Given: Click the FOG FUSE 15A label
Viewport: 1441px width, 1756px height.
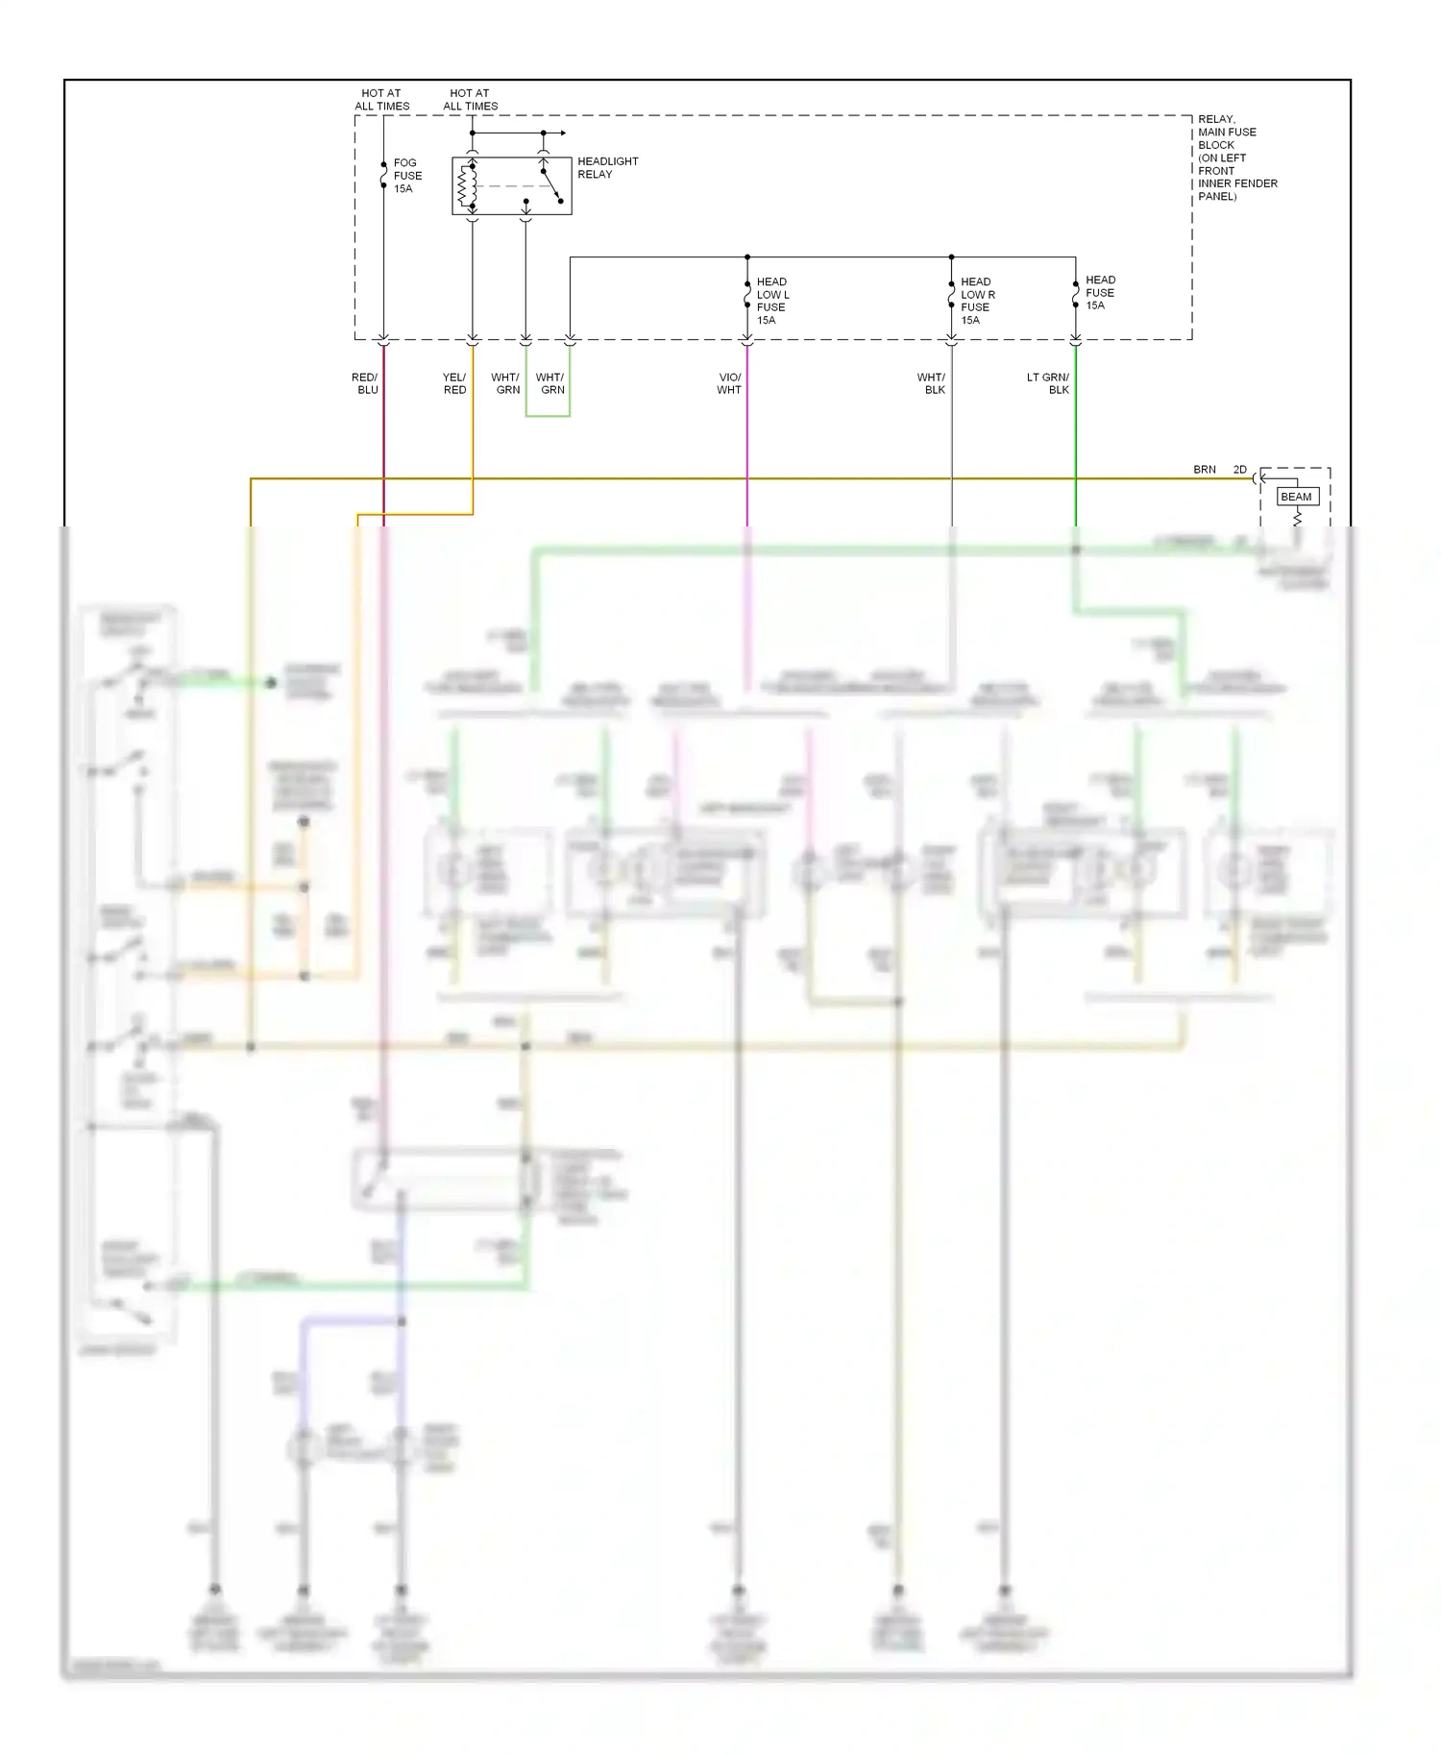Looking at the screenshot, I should (x=407, y=176).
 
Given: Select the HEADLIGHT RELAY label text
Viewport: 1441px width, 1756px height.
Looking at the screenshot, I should (x=607, y=168).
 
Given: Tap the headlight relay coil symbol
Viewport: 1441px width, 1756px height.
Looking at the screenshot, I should (x=468, y=186).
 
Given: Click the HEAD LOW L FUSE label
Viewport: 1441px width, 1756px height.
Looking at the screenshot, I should (x=771, y=301).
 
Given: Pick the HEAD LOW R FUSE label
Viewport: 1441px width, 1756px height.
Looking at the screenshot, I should (x=977, y=301).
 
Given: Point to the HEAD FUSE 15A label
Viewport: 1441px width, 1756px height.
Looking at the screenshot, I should (x=1099, y=293).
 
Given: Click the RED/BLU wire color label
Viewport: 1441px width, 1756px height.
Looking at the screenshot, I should (x=365, y=383).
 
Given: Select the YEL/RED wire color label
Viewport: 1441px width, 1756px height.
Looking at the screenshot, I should (x=454, y=383).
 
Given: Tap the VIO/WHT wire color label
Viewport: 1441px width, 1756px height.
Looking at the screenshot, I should (x=729, y=383).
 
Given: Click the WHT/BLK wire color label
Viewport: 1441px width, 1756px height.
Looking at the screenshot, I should (x=932, y=383).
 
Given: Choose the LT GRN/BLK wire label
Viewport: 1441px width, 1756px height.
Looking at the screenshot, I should (x=1048, y=383).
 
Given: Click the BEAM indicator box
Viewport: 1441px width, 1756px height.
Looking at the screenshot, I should (x=1296, y=497).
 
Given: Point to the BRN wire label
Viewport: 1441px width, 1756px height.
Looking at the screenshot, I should (x=1204, y=470).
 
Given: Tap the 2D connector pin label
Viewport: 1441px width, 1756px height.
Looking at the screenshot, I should (x=1239, y=470).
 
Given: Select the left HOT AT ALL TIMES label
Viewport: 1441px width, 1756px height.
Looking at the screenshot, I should (x=381, y=100).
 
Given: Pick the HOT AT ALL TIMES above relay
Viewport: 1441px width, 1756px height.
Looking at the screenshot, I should (x=470, y=100).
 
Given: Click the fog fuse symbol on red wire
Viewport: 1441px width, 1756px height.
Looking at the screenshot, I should (x=383, y=176).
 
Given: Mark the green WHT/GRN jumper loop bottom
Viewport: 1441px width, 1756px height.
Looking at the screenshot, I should (x=548, y=416).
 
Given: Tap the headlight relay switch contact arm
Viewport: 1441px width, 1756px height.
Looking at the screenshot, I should (x=550, y=185).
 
